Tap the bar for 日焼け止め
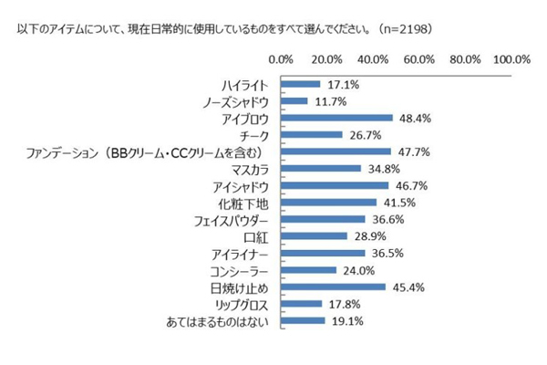(x=334, y=287)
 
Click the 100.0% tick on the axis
(x=511, y=59)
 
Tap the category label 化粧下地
(x=244, y=203)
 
